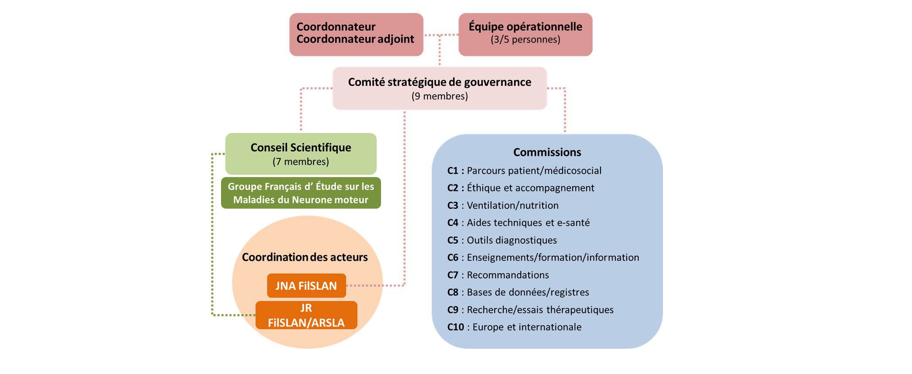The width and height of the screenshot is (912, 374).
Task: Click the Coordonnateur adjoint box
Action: click(x=355, y=34)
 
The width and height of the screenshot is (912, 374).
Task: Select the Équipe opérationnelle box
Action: click(x=525, y=34)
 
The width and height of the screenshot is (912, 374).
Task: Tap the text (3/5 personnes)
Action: click(x=525, y=40)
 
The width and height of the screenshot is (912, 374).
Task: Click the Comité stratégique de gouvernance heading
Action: click(x=439, y=82)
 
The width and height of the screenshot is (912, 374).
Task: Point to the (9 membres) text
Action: click(x=439, y=96)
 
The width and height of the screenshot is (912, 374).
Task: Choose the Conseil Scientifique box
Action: click(x=301, y=153)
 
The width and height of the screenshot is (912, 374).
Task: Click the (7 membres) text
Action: click(x=301, y=162)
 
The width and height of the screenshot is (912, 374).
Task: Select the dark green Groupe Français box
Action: click(x=301, y=193)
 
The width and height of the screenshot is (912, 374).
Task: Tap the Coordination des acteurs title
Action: click(x=304, y=257)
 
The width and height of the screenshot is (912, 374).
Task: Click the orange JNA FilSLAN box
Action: click(x=306, y=286)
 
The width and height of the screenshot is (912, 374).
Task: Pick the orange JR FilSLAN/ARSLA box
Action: click(x=306, y=315)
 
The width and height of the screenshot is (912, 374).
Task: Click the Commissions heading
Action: click(x=547, y=152)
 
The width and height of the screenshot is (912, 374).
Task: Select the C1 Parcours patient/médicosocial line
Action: click(x=524, y=170)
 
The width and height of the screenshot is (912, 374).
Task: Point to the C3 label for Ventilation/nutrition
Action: click(x=453, y=205)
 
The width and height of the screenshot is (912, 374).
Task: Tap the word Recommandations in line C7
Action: click(x=508, y=275)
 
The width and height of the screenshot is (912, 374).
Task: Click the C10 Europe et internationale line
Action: click(x=514, y=327)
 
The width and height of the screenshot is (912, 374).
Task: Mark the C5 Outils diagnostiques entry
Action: click(x=502, y=240)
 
